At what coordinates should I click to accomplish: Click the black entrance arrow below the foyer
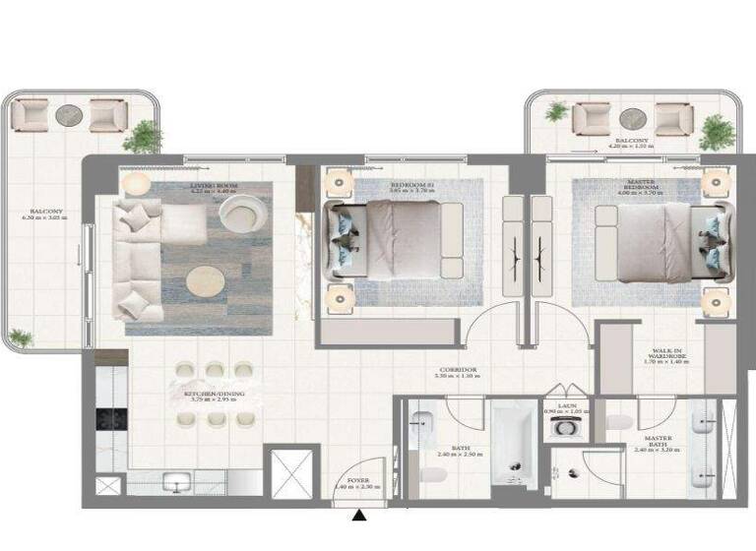[361, 514]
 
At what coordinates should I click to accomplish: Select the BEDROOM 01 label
[409, 184]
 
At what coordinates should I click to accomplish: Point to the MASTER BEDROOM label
[641, 185]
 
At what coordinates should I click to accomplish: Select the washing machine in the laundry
[564, 427]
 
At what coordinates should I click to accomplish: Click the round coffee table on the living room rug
[205, 281]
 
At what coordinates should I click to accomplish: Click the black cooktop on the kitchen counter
[107, 418]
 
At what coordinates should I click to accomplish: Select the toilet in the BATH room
[432, 475]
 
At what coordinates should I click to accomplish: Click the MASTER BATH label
[658, 442]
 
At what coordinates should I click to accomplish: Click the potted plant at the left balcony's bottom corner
[19, 338]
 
